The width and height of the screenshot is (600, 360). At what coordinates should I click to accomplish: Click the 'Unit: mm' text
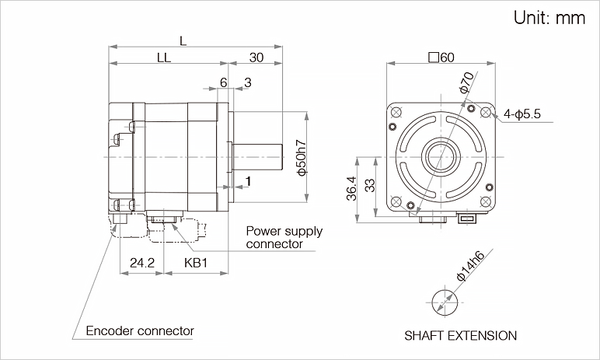click(549, 19)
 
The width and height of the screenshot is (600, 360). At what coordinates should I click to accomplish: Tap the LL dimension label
click(164, 57)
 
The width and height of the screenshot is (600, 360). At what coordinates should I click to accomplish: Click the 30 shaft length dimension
click(256, 57)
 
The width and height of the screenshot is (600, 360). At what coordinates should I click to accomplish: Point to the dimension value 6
click(223, 82)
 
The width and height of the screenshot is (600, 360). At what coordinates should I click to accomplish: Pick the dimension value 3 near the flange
click(247, 82)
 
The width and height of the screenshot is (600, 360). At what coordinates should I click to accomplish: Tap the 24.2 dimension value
click(142, 263)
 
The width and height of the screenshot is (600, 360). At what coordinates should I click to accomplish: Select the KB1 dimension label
click(197, 263)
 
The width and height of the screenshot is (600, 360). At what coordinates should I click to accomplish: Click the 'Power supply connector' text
click(284, 237)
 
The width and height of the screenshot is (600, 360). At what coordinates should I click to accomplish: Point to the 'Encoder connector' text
click(140, 330)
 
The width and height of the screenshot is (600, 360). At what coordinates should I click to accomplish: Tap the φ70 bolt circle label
click(466, 82)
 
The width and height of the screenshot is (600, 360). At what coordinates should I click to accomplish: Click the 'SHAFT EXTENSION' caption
click(460, 336)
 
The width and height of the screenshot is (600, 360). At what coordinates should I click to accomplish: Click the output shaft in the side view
click(256, 156)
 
